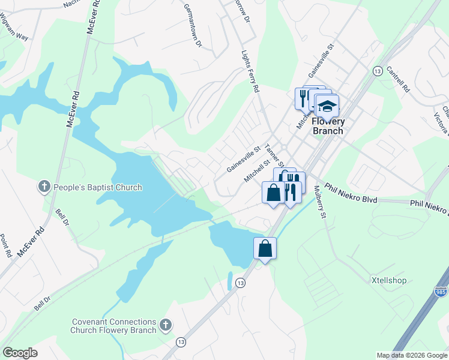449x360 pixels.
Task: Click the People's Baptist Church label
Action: click(x=97, y=187)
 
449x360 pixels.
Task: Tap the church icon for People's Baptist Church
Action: click(x=44, y=187)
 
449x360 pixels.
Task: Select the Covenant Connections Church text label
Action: click(x=113, y=326)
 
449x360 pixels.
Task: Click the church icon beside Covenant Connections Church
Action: click(x=166, y=326)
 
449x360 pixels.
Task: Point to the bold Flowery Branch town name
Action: click(x=328, y=127)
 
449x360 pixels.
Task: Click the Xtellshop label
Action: click(x=389, y=280)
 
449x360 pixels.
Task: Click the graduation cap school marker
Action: click(x=327, y=107)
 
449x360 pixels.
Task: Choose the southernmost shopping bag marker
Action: click(x=265, y=248)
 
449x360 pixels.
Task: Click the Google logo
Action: click(x=20, y=353)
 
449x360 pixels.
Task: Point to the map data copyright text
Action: click(x=412, y=355)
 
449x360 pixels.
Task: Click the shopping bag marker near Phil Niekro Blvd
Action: click(x=274, y=193)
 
